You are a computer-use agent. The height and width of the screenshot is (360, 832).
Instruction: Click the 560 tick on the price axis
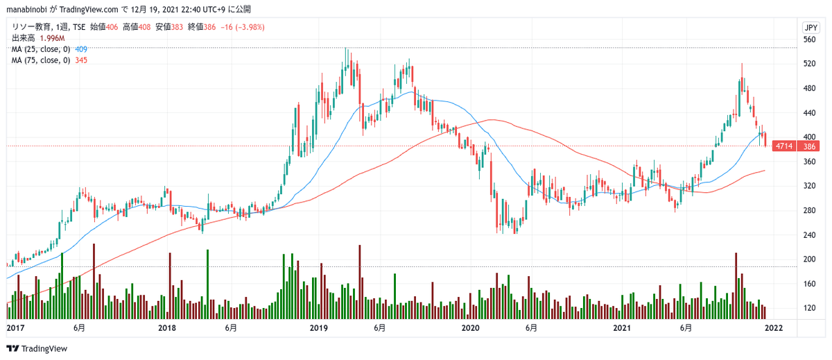809,40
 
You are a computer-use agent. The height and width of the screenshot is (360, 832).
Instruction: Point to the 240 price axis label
809,235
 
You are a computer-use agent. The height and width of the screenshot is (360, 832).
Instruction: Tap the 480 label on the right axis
809,89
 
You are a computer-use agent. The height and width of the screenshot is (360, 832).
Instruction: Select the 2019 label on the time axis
318,327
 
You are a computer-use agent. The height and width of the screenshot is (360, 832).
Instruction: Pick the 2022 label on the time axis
774,327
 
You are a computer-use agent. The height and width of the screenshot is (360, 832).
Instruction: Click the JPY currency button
809,28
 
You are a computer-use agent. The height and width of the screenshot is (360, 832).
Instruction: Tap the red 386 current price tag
809,146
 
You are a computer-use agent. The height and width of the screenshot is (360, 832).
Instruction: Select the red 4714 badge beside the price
784,146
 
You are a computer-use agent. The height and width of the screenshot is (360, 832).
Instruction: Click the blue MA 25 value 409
80,49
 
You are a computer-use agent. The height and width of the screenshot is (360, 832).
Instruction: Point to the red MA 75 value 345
80,60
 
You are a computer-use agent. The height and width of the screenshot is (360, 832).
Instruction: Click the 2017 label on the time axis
15,327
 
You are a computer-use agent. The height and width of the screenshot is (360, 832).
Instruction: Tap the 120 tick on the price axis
809,308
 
